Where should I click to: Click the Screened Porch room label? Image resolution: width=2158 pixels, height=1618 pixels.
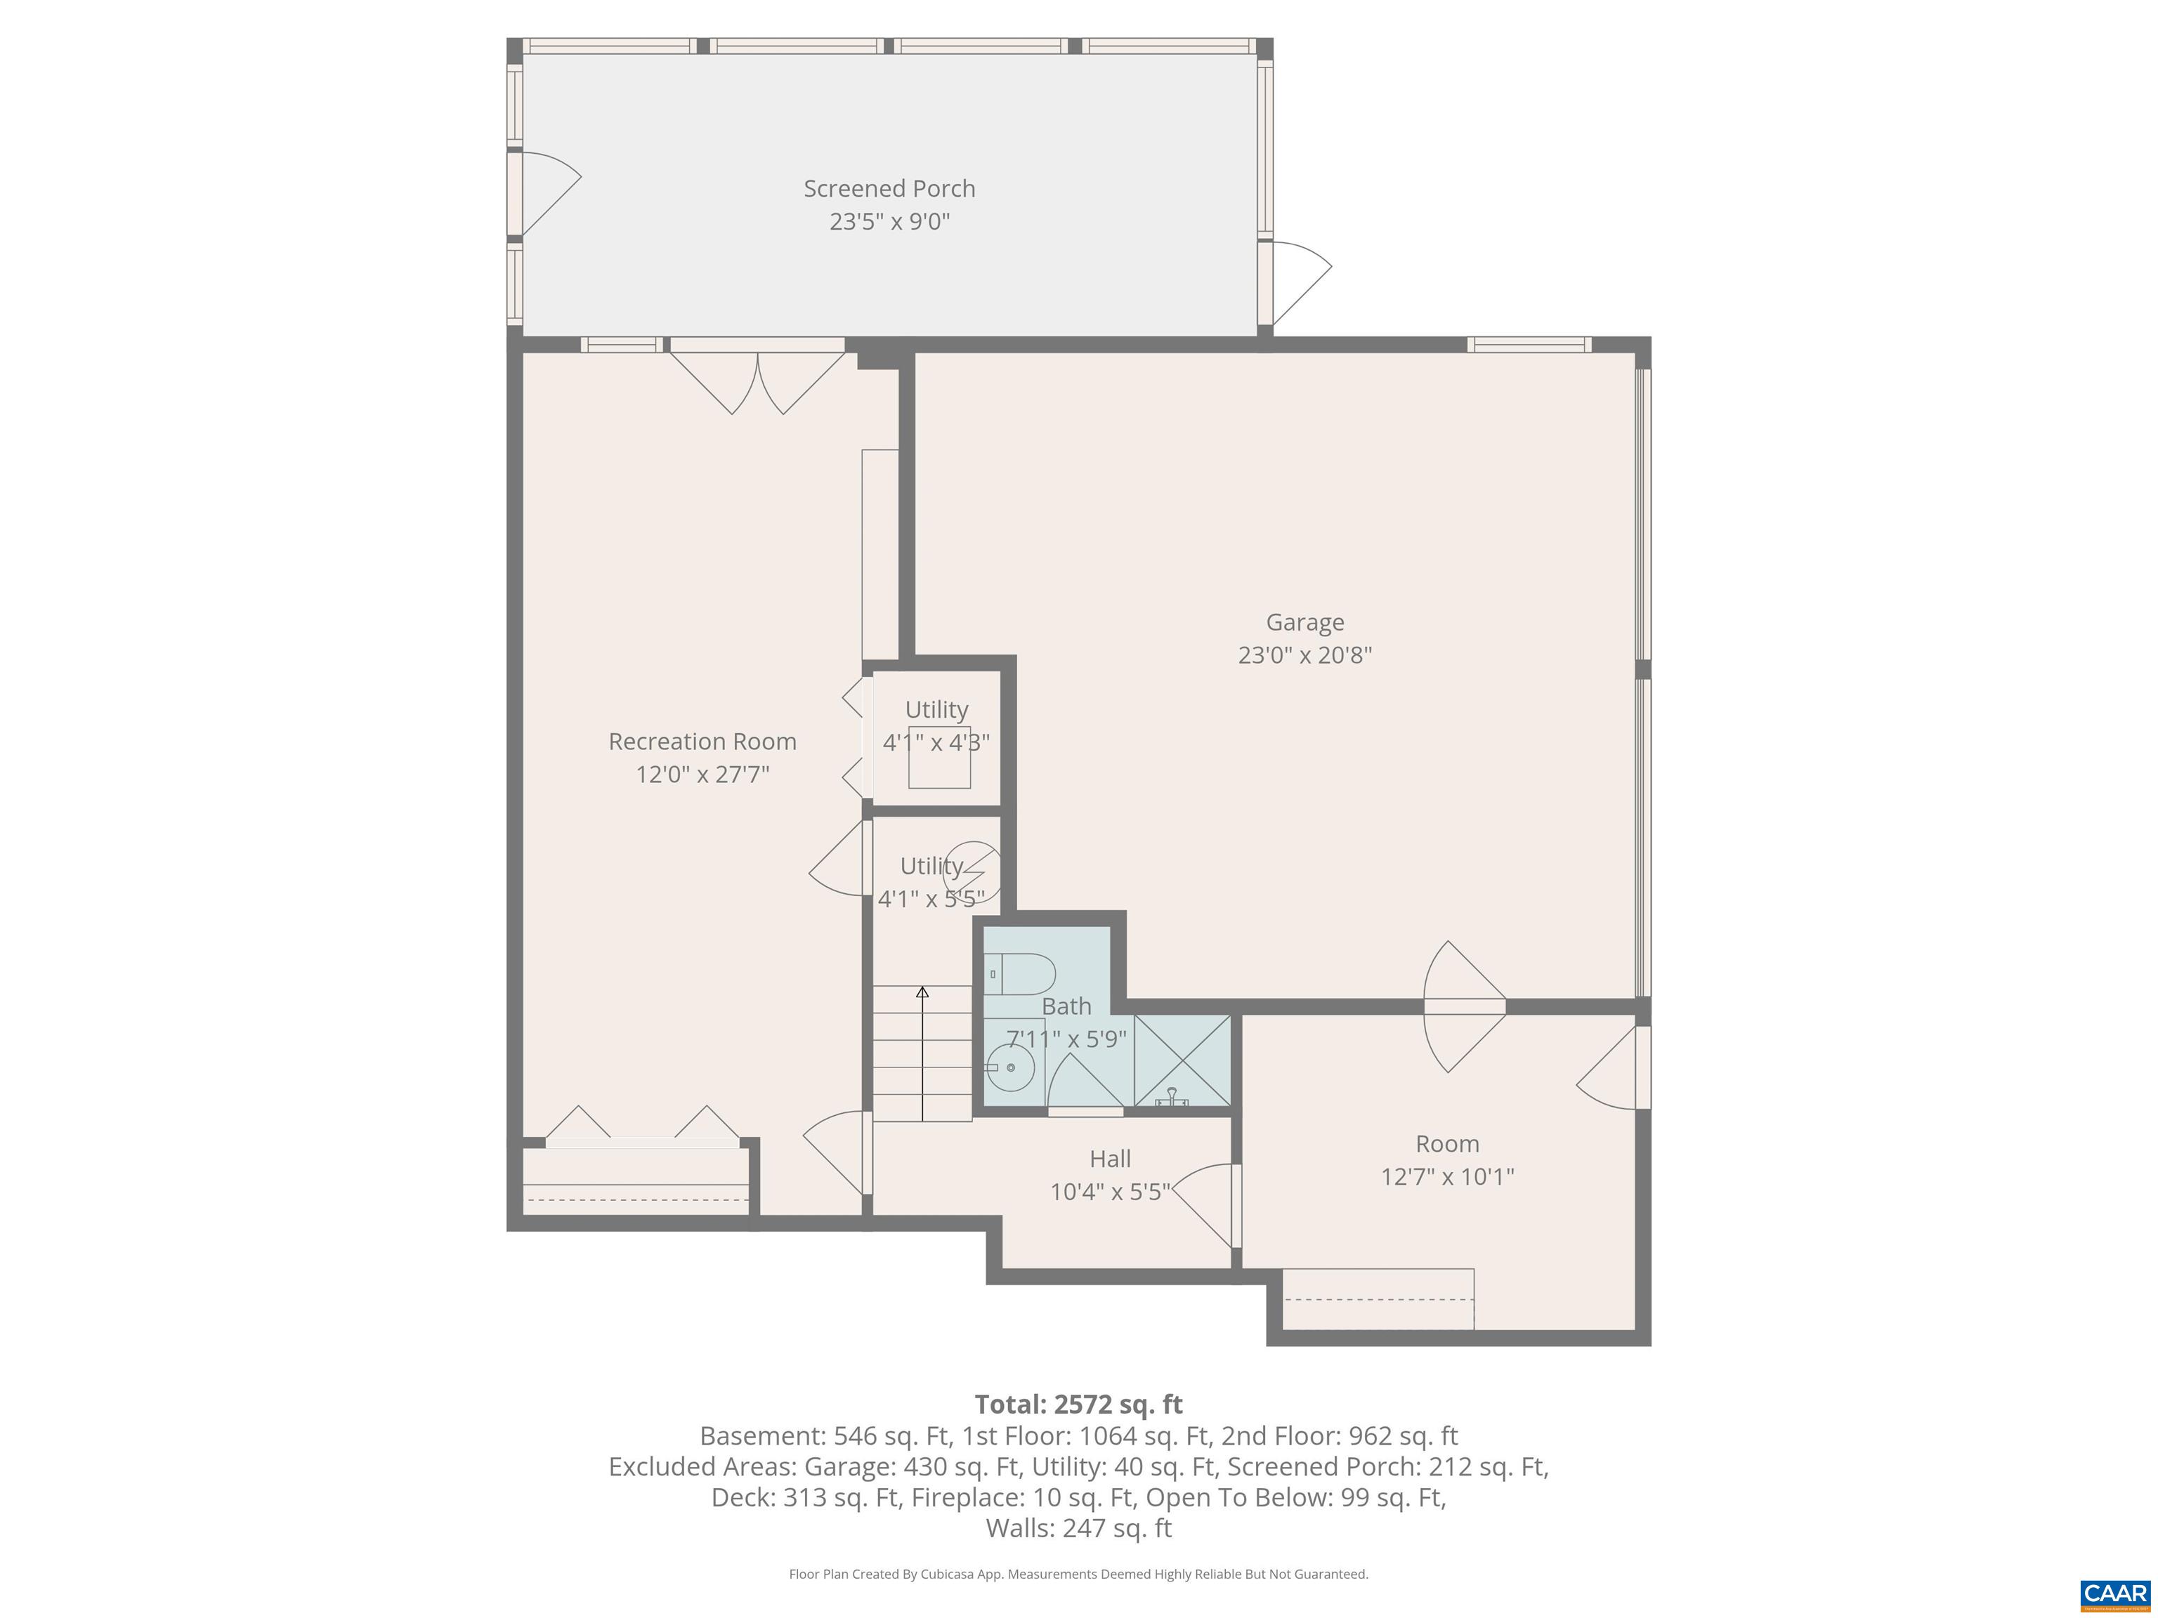[889, 188]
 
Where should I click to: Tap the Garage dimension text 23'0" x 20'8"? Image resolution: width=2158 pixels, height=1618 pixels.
[1304, 655]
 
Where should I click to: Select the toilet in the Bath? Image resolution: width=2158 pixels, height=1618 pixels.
[1021, 973]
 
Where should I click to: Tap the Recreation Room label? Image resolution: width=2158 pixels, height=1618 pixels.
[702, 741]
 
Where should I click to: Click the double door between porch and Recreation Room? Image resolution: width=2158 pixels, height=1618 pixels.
[757, 381]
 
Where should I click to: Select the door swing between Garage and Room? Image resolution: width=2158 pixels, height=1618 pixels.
[1463, 1006]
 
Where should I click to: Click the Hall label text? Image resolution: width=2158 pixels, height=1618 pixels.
[1110, 1159]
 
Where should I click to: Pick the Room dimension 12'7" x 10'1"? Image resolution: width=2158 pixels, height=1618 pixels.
[1447, 1176]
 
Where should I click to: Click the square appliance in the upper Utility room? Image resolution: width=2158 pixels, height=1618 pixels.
[939, 757]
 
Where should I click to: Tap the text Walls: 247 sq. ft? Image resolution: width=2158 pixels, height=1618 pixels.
[1078, 1527]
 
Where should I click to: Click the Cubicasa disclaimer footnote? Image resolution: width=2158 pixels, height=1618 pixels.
[1078, 1573]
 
